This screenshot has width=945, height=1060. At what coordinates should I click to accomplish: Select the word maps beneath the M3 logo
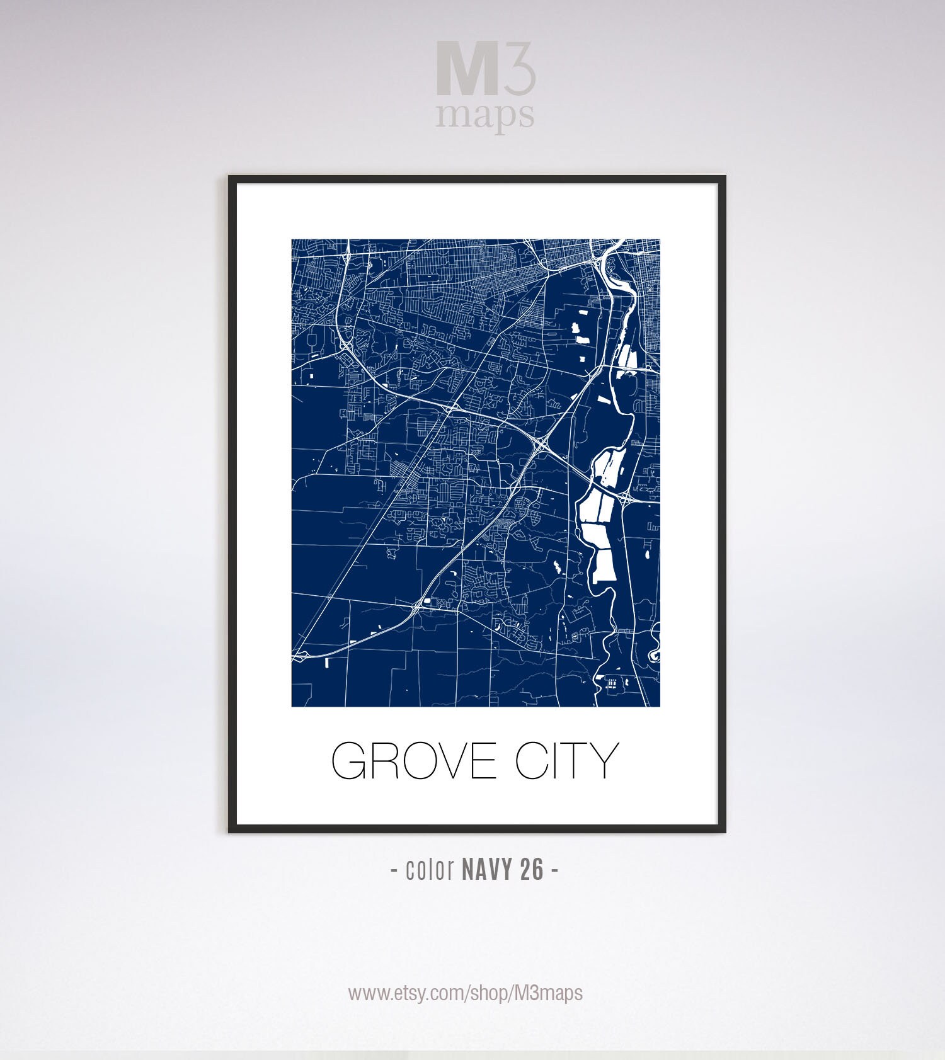point(485,115)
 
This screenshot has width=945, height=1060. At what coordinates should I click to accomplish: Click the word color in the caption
point(430,870)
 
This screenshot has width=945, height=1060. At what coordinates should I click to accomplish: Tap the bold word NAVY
point(488,870)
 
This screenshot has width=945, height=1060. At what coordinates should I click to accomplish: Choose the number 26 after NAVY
point(532,870)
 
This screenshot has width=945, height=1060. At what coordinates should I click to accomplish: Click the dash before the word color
point(394,870)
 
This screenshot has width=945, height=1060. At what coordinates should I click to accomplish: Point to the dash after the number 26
point(554,870)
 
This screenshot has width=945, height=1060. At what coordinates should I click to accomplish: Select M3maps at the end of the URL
point(548,993)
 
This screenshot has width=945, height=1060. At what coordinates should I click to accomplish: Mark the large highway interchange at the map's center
point(541,445)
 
